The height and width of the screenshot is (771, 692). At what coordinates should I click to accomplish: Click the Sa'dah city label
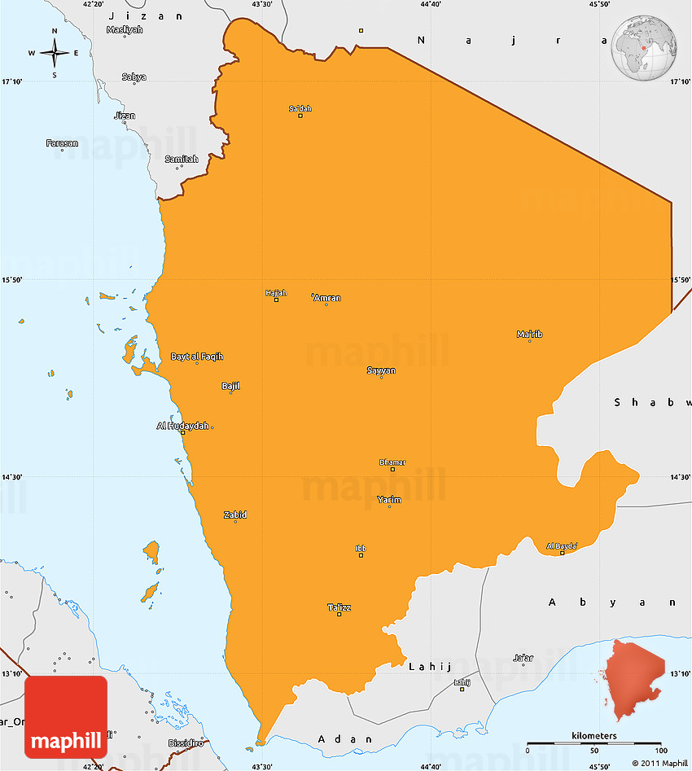(x=300, y=108)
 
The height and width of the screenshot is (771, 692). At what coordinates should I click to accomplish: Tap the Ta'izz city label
(x=339, y=607)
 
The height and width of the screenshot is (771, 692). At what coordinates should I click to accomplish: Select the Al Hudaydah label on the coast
(x=182, y=426)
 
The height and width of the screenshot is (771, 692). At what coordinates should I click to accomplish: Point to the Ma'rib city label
(x=529, y=334)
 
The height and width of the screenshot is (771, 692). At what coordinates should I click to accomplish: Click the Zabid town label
(x=235, y=515)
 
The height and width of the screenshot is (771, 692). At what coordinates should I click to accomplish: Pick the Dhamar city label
(x=392, y=462)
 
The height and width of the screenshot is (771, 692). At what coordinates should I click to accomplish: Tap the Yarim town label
(x=389, y=500)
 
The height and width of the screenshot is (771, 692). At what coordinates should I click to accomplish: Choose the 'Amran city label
(x=326, y=298)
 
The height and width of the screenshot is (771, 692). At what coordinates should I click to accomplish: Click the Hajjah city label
(x=276, y=293)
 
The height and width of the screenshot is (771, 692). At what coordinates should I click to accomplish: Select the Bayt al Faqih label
(x=196, y=357)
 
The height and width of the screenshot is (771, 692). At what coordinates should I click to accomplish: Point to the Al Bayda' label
(x=562, y=546)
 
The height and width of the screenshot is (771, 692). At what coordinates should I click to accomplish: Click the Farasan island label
(x=62, y=143)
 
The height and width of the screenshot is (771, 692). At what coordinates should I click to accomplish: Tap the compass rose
(x=55, y=54)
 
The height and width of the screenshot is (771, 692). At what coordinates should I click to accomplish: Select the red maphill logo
(x=66, y=717)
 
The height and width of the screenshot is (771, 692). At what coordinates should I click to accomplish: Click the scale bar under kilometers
(x=593, y=743)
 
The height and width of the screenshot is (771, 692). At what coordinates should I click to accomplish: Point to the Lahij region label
(x=430, y=666)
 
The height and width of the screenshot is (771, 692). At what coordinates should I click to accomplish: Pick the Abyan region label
(x=612, y=602)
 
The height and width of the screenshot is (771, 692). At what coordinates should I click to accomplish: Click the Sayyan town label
(x=381, y=370)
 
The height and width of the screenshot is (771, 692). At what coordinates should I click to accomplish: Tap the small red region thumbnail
(x=634, y=679)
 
